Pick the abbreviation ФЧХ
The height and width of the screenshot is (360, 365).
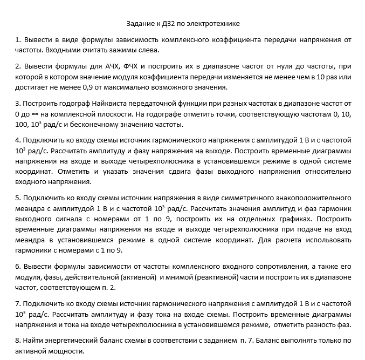133,66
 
